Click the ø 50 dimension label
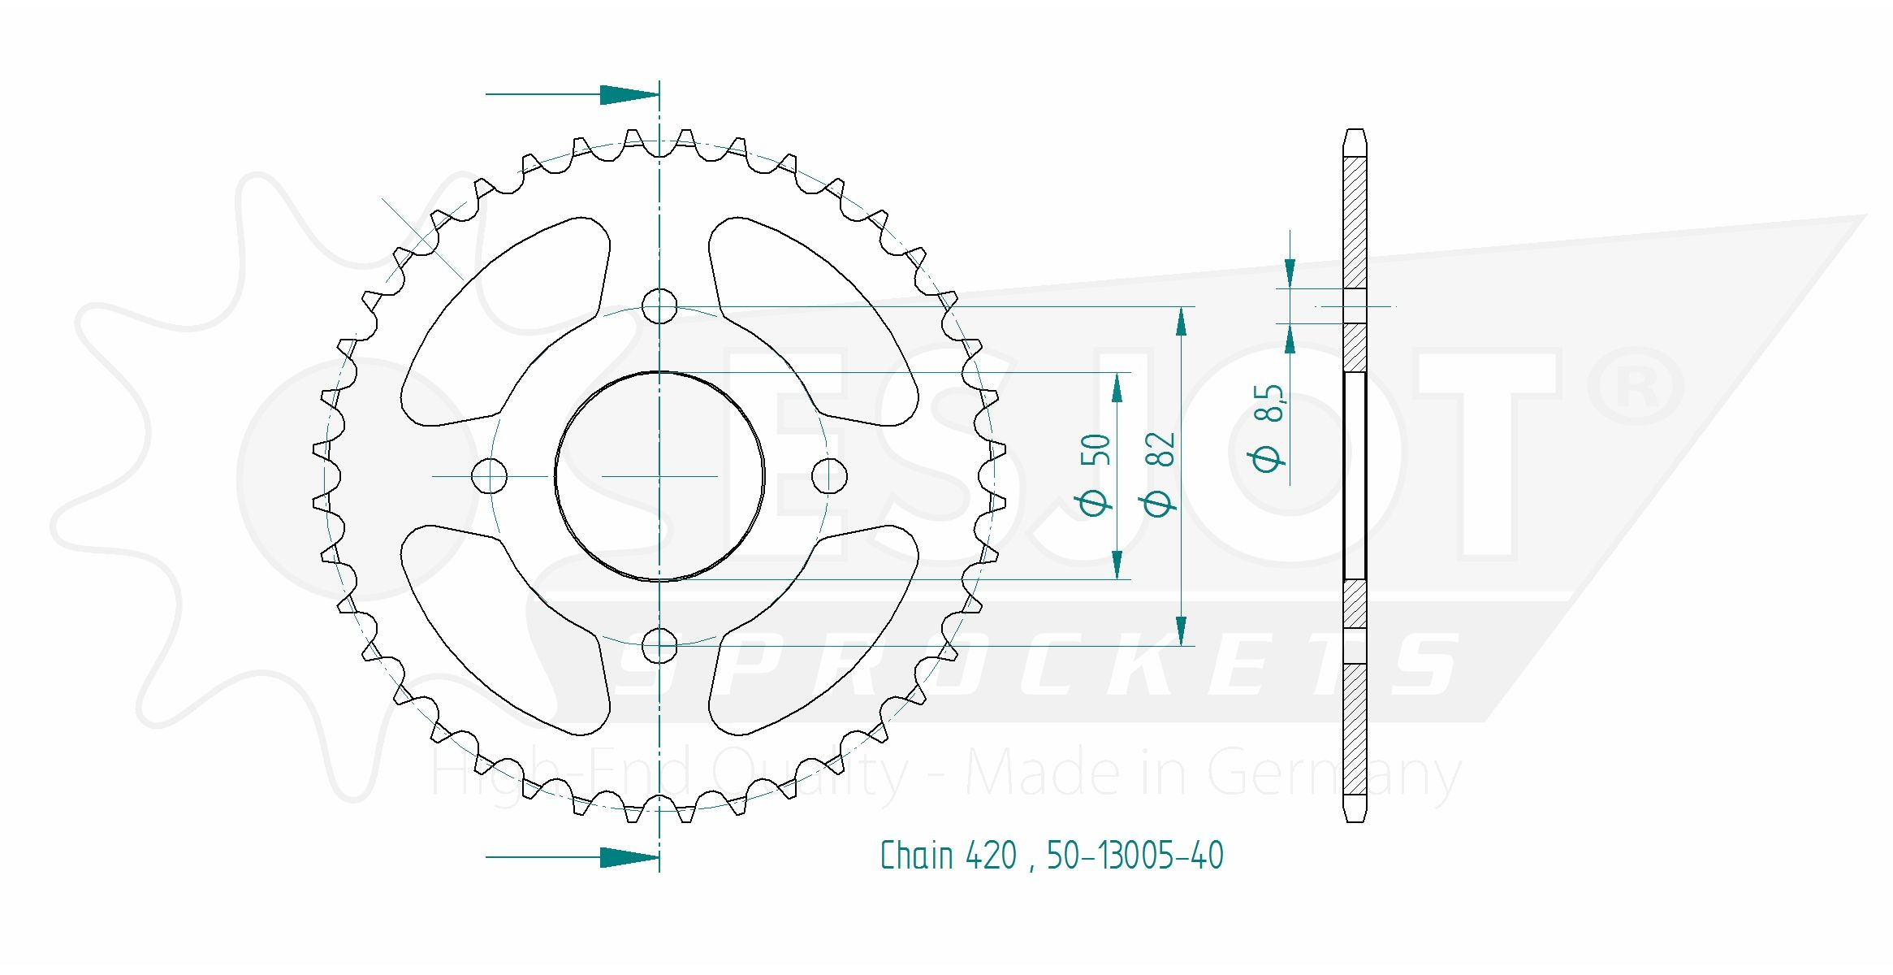[x=1096, y=475]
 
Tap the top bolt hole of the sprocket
[x=659, y=306]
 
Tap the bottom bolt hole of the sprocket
[x=659, y=646]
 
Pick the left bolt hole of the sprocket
[x=490, y=476]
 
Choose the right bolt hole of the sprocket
[x=830, y=476]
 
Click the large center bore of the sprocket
[x=659, y=476]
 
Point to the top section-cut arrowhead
[x=629, y=94]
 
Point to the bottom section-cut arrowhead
[x=629, y=856]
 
